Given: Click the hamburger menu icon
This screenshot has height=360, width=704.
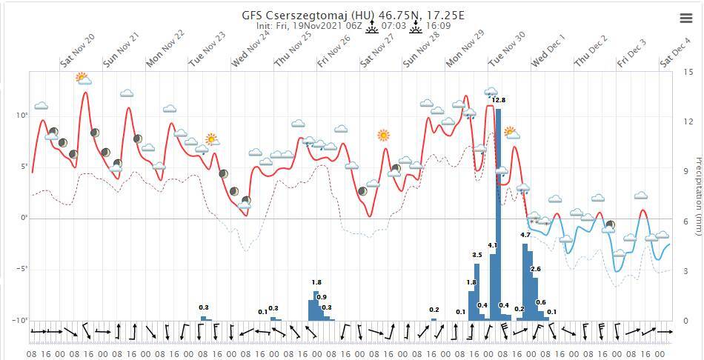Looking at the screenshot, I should tap(685, 19).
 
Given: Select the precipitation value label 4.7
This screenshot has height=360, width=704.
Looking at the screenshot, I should tap(525, 235).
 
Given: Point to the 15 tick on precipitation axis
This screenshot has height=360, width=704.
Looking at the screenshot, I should tap(688, 72).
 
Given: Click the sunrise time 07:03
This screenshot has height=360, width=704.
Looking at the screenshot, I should tap(393, 27).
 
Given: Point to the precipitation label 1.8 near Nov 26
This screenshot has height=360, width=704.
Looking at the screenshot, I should tap(316, 282).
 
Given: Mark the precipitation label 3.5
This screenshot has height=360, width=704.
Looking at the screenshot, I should tap(477, 255).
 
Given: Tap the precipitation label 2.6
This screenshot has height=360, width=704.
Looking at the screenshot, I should tap(536, 268).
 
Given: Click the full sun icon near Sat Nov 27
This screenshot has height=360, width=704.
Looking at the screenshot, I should tap(383, 135).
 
